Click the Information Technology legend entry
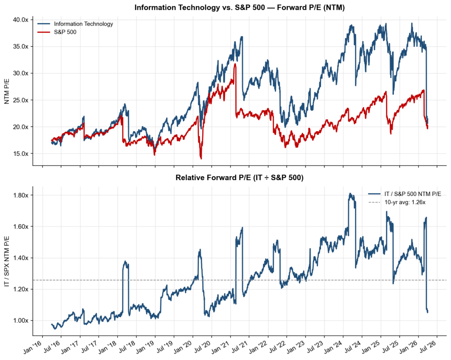pos(82,24)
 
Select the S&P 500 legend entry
pos(65,32)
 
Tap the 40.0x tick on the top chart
pos(20,20)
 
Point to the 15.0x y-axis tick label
pos(20,154)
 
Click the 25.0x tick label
pos(20,100)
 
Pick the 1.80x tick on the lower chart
pos(20,195)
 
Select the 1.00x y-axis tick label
pos(20,320)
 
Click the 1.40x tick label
pos(20,258)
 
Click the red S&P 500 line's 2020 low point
pos(201,158)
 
